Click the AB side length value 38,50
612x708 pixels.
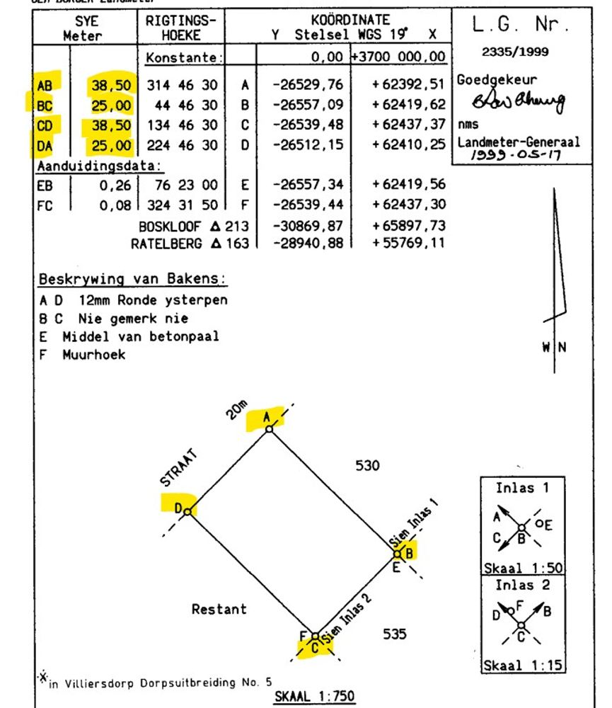click(110, 86)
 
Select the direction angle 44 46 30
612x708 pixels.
click(183, 105)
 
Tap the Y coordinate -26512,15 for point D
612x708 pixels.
click(307, 145)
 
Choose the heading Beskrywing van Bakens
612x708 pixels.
click(133, 278)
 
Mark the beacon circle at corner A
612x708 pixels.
click(269, 429)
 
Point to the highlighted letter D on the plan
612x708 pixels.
click(179, 506)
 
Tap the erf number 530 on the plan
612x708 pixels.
click(367, 466)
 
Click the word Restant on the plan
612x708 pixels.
click(219, 608)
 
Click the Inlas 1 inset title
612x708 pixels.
click(521, 488)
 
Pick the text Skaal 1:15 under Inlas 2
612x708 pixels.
click(524, 666)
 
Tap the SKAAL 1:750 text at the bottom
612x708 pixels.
click(314, 696)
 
